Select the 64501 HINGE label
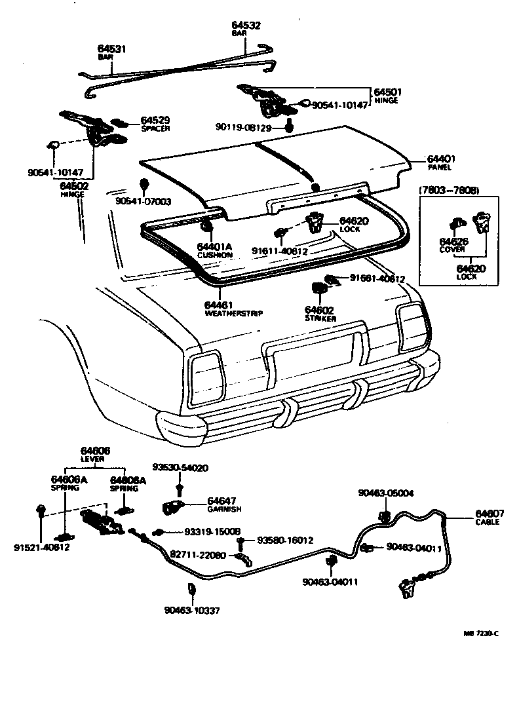pos(387,96)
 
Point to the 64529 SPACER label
pos(155,123)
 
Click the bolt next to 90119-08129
pos(289,126)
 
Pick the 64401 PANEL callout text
pos(441,162)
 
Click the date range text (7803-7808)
pos(448,190)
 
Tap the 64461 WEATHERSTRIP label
pos(233,309)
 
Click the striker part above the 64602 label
pos(319,288)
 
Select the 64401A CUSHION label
pos(214,250)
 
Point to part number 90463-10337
pos(192,610)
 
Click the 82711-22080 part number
pos(197,554)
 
